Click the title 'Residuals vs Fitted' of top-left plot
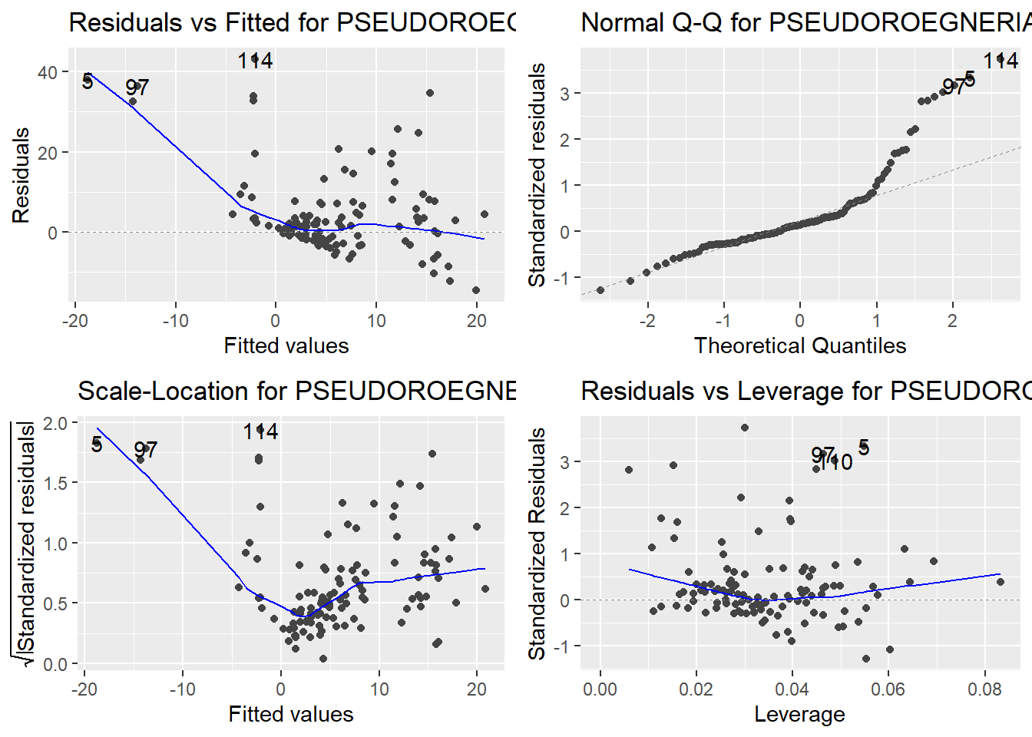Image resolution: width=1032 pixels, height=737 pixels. coord(292,22)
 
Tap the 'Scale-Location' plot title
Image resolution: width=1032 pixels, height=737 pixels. coord(296,391)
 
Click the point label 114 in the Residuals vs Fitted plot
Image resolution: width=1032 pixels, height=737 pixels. coord(255,61)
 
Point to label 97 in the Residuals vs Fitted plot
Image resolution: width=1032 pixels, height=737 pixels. coord(137,88)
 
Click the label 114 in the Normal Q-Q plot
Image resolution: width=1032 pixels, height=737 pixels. coord(1001,60)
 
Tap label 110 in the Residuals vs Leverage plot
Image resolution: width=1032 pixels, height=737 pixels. coord(835,462)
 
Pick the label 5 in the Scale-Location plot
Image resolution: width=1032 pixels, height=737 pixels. coord(96,444)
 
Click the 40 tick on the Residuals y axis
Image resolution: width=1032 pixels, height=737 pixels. coord(48,72)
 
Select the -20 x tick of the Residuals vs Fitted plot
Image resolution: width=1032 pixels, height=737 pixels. coord(74,320)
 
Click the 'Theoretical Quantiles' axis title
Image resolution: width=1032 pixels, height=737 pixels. coord(799,345)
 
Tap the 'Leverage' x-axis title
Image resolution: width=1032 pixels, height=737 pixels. coord(799,714)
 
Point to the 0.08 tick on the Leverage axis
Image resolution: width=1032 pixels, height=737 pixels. coord(984,689)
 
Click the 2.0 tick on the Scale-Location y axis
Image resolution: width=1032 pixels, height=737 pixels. coord(56,423)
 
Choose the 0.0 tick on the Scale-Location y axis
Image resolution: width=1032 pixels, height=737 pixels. coord(56,664)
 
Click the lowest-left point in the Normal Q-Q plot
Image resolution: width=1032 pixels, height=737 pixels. coord(600,290)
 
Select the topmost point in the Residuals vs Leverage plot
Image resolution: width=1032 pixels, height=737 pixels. coord(744,428)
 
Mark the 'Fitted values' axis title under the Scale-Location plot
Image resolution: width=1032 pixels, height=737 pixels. coord(291,714)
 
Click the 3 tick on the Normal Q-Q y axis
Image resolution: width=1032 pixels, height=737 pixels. coord(565,94)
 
